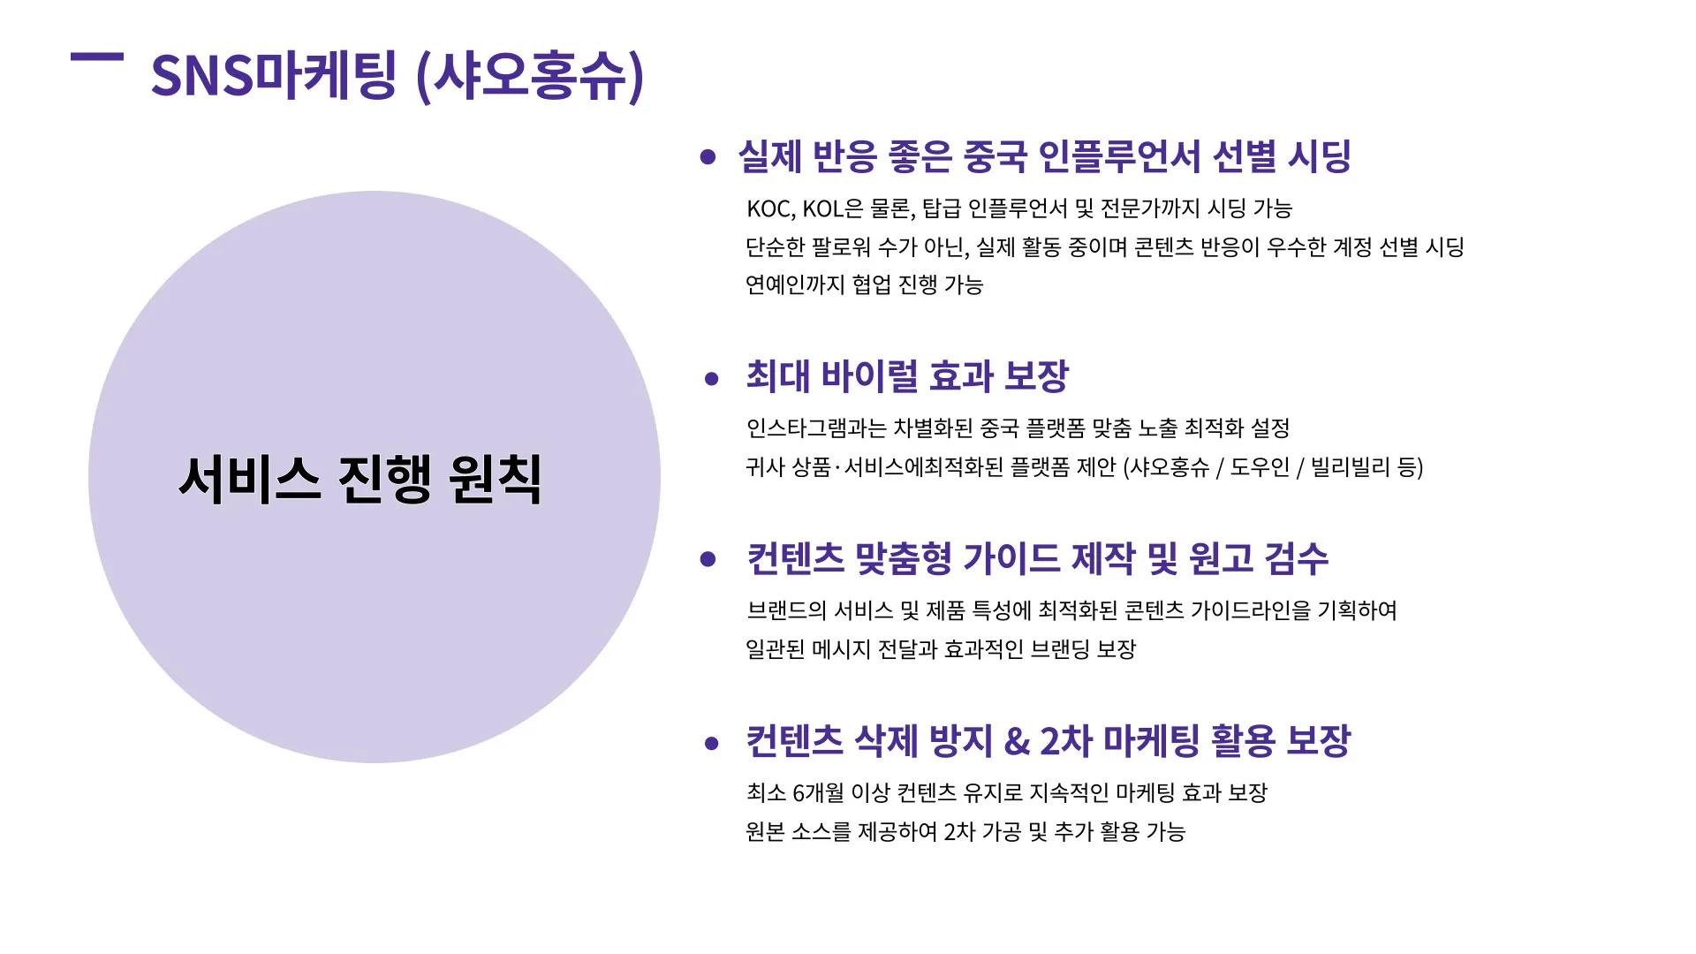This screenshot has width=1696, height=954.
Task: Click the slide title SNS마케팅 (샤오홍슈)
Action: pos(397,75)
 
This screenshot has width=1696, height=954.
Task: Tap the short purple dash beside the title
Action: pos(97,57)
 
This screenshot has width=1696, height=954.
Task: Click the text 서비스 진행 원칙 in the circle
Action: pos(360,480)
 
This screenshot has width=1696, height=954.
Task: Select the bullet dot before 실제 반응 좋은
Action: pos(708,157)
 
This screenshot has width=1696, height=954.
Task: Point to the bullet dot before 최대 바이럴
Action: pos(712,379)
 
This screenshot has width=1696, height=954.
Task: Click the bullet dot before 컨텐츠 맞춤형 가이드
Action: pos(708,558)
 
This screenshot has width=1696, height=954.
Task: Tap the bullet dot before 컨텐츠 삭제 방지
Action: pos(712,744)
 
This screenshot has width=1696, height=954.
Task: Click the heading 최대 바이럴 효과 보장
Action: pos(907,376)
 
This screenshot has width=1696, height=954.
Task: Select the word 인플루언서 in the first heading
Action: pos(1119,156)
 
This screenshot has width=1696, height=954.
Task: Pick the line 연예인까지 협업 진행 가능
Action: pos(864,284)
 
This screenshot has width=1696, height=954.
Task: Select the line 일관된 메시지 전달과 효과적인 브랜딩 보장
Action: pos(941,649)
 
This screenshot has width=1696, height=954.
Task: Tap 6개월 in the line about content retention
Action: pos(819,792)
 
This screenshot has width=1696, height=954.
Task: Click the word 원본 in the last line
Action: pos(764,831)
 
